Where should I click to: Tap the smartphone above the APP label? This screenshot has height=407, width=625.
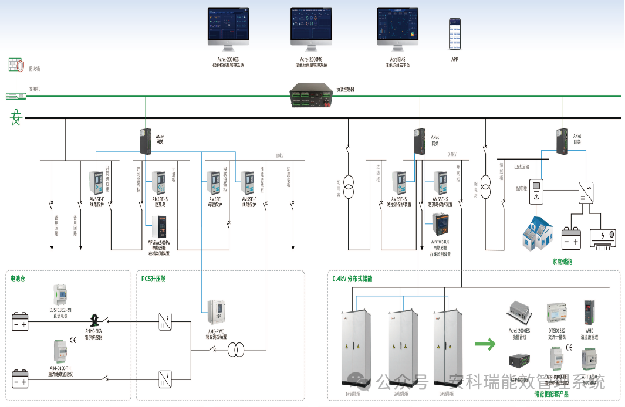tap(455, 33)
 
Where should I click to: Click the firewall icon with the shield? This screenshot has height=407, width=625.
tap(16, 65)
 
